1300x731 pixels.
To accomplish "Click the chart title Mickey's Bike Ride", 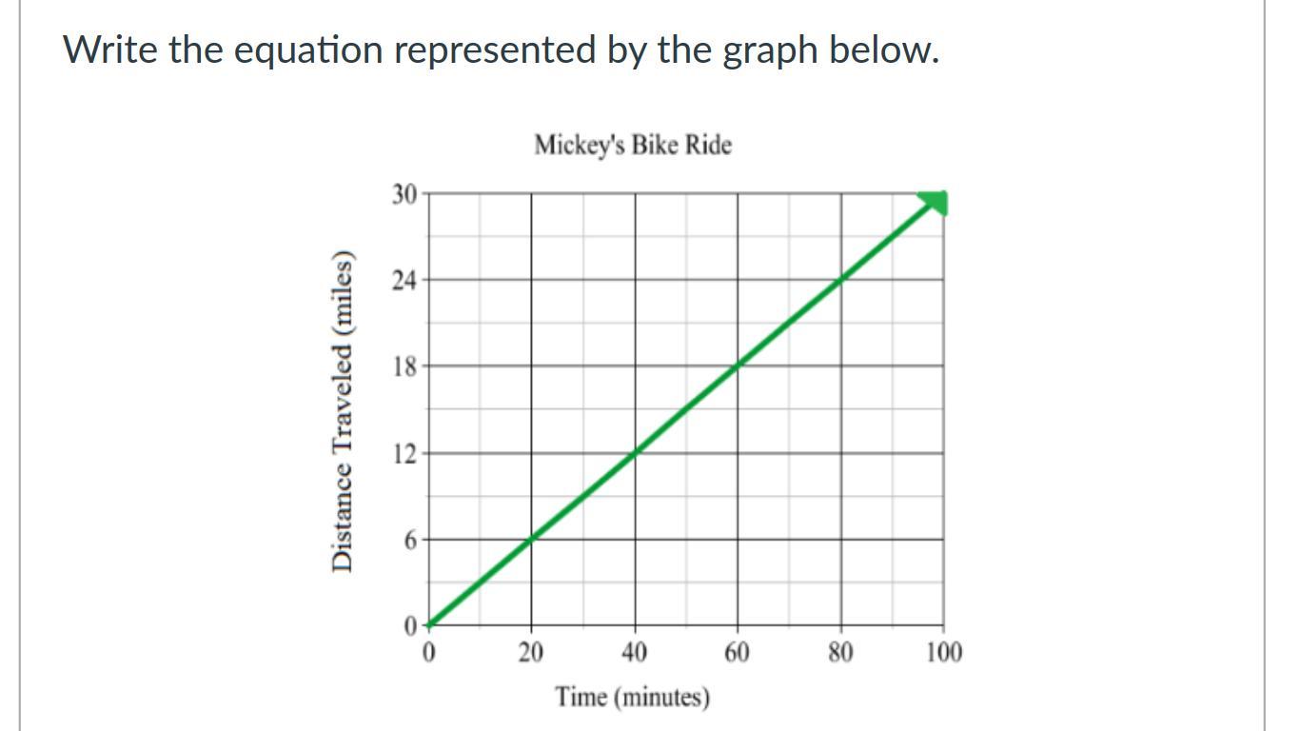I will pyautogui.click(x=633, y=146).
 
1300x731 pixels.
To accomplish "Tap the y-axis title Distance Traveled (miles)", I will pyautogui.click(x=345, y=411).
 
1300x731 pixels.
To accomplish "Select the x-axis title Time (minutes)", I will pyautogui.click(x=633, y=697).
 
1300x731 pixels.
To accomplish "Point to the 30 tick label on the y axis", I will pyautogui.click(x=404, y=194).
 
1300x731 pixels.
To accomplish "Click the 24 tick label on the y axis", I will pyautogui.click(x=404, y=281).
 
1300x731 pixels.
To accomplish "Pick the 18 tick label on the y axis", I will pyautogui.click(x=404, y=366).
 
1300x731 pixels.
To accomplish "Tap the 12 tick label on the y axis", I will pyautogui.click(x=404, y=453).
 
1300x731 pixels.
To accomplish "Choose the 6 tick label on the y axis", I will pyautogui.click(x=410, y=540).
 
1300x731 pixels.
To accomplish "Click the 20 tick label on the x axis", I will pyautogui.click(x=531, y=652).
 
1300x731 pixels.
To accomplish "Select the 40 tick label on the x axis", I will pyautogui.click(x=635, y=652).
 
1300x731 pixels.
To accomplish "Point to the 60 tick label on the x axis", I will pyautogui.click(x=738, y=652).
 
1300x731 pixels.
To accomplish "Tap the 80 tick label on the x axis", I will pyautogui.click(x=840, y=652).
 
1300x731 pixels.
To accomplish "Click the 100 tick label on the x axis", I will pyautogui.click(x=944, y=652).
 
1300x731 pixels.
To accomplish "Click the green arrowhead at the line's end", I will pyautogui.click(x=936, y=203).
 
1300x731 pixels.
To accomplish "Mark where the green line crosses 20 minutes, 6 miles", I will pyautogui.click(x=532, y=539).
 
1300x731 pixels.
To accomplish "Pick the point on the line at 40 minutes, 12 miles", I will pyautogui.click(x=636, y=452).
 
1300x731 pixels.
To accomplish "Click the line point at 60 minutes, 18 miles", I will pyautogui.click(x=738, y=365).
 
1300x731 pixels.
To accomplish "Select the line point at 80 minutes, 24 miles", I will pyautogui.click(x=841, y=279).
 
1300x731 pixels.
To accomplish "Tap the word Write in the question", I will pyautogui.click(x=110, y=49).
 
